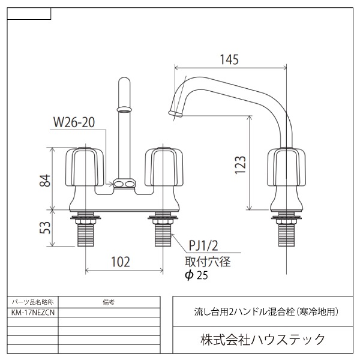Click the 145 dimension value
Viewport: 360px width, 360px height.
229,59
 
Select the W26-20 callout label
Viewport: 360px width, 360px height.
74,122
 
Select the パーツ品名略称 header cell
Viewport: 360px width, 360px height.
33,302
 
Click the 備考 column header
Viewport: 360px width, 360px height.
109,302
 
